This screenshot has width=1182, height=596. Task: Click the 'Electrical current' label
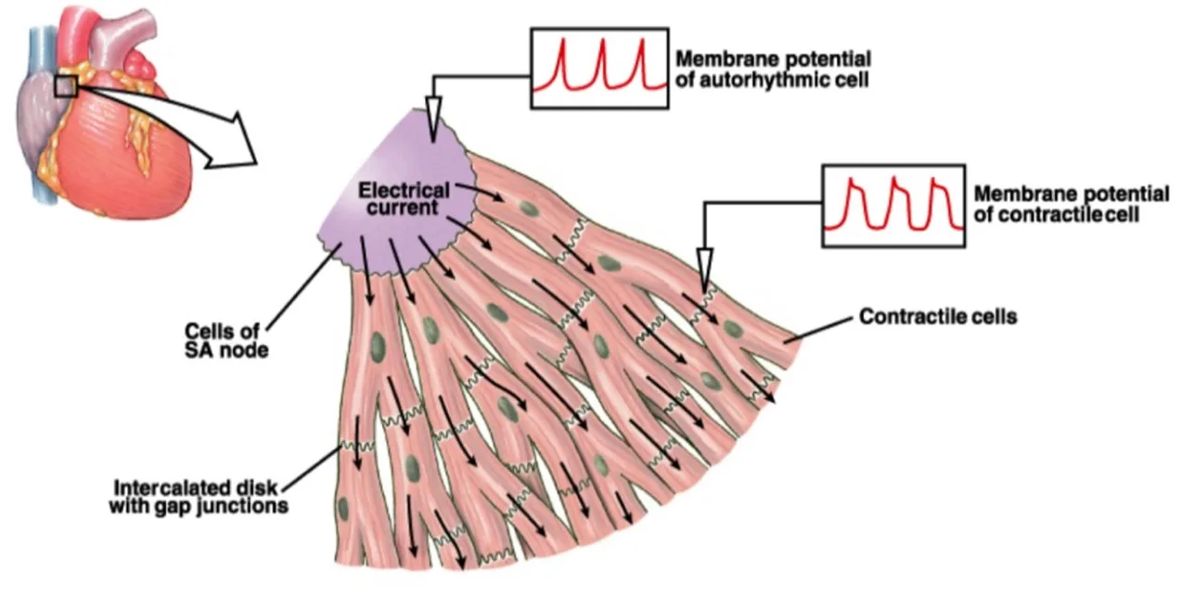click(x=404, y=198)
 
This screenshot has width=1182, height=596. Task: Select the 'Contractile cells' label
click(x=938, y=317)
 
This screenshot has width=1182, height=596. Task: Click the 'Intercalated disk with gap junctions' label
click(x=199, y=497)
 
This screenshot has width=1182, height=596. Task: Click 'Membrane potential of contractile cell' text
click(x=1071, y=204)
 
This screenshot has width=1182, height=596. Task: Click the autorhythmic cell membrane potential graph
click(x=599, y=66)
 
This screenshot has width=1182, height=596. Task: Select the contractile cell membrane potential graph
click(x=893, y=206)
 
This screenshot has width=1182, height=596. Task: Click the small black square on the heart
click(x=65, y=86)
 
